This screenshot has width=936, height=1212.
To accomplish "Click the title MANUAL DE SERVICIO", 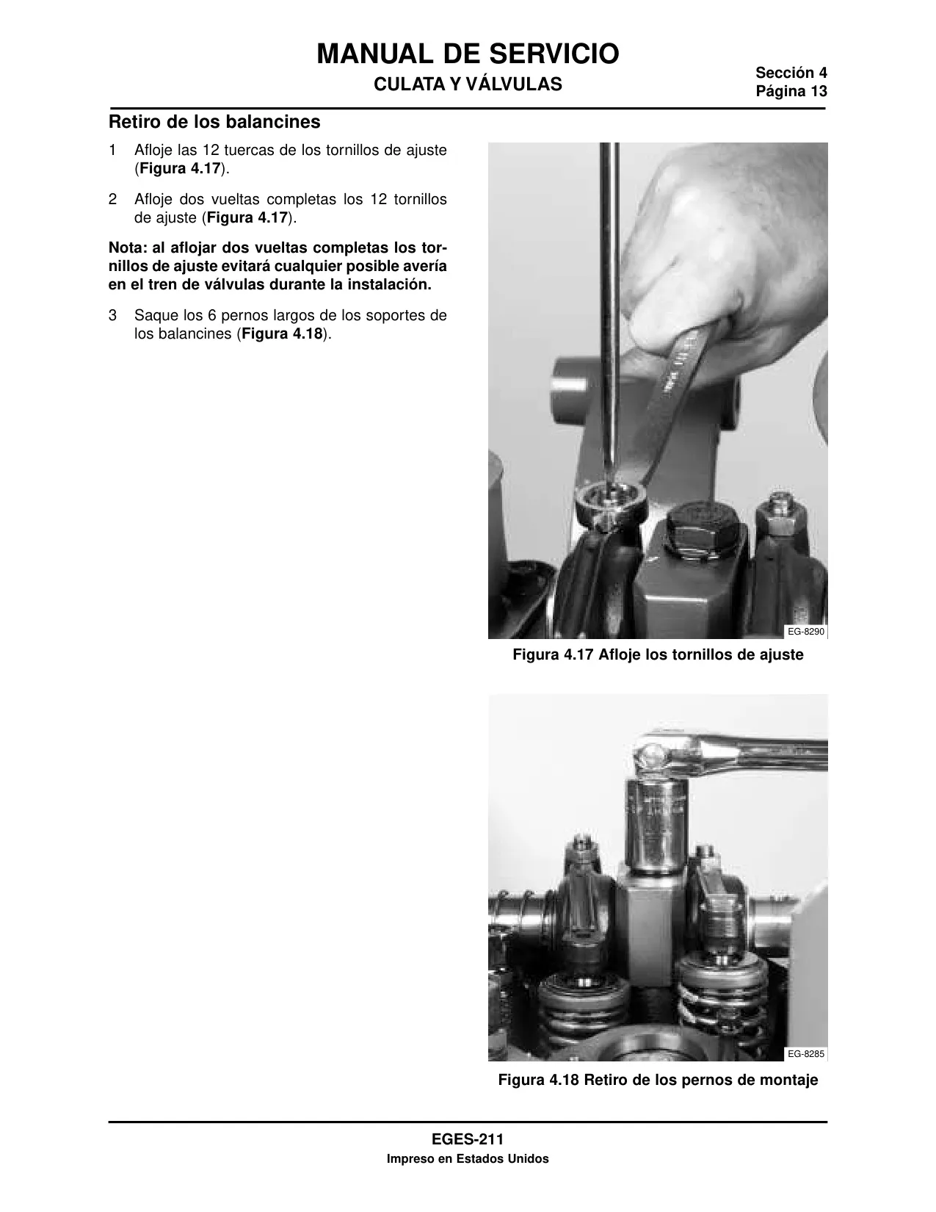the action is click(468, 54).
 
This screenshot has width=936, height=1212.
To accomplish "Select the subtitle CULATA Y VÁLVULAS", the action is click(468, 84).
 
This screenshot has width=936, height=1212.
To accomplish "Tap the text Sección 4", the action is click(791, 73).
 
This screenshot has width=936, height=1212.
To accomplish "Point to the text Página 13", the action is click(791, 91).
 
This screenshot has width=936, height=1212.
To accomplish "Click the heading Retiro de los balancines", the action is click(214, 122).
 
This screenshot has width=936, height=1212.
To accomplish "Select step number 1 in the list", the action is click(112, 150).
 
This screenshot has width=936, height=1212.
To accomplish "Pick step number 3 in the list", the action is click(112, 315).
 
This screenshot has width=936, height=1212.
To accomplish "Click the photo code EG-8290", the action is click(805, 632).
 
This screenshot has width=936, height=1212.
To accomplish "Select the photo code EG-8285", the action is click(805, 1053).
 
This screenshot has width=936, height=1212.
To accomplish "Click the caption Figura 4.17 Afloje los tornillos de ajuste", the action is click(658, 654).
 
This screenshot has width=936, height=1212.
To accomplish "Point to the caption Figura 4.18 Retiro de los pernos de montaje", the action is click(658, 1081).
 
